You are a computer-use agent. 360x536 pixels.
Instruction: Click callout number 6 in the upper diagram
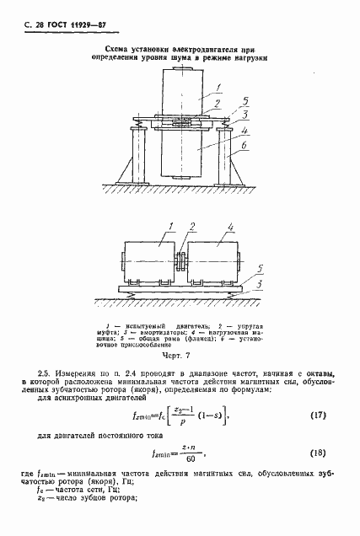pos(243,146)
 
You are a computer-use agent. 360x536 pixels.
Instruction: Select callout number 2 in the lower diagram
pos(191,228)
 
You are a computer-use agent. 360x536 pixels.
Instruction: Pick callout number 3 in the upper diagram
pos(244,115)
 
